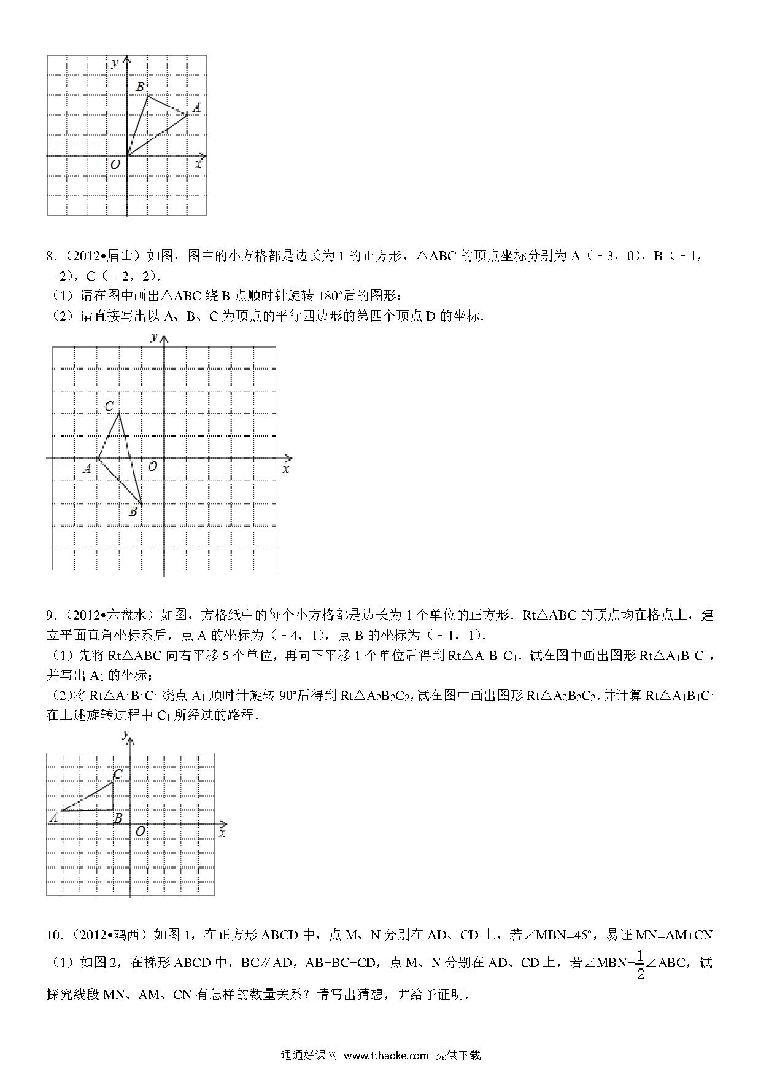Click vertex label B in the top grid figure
pos(140,87)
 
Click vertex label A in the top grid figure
pos(196,107)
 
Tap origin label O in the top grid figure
pos(115,165)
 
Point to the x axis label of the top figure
pos(198,165)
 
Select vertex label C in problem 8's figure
pos(109,406)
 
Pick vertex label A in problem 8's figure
pos(87,469)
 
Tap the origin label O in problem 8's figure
pos(152,467)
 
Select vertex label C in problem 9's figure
pos(118,774)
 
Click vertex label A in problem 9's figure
pos(53,817)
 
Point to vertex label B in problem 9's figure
pos(118,818)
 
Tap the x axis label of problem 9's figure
pos(222,833)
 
